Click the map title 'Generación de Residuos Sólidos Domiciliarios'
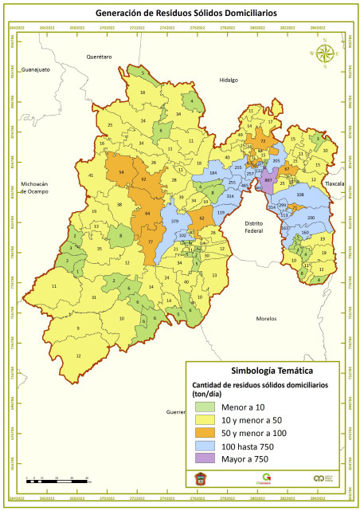179,13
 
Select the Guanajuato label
36,69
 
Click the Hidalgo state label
229,80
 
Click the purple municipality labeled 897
269,181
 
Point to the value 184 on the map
213,173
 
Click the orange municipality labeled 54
121,172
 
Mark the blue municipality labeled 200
311,218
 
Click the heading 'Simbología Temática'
271,370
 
